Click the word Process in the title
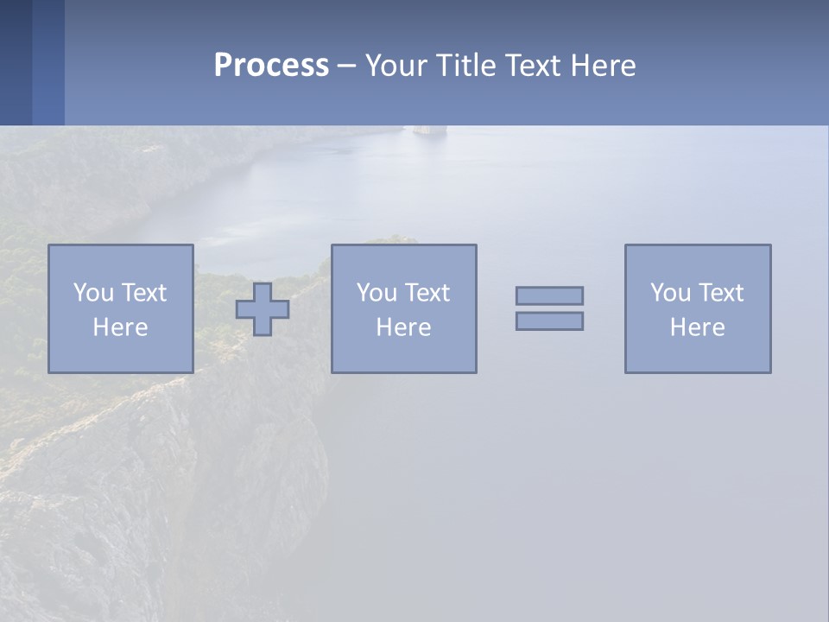(271, 66)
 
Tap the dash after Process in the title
(347, 66)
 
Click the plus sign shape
(263, 309)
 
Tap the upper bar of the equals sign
(549, 295)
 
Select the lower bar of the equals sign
(549, 321)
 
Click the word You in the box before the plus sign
(92, 293)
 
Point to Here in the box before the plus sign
(120, 327)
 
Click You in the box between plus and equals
(376, 293)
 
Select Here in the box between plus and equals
(403, 327)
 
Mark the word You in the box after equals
(669, 293)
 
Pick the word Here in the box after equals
(697, 327)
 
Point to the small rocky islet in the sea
(429, 130)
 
